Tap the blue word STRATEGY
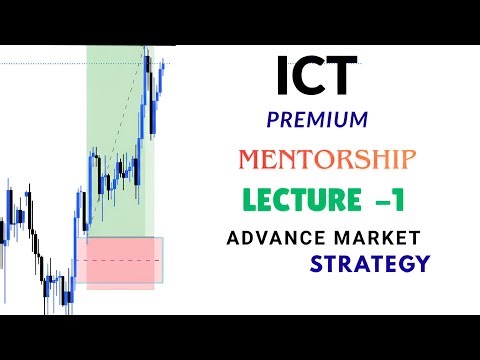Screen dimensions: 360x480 coord(369,266)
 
